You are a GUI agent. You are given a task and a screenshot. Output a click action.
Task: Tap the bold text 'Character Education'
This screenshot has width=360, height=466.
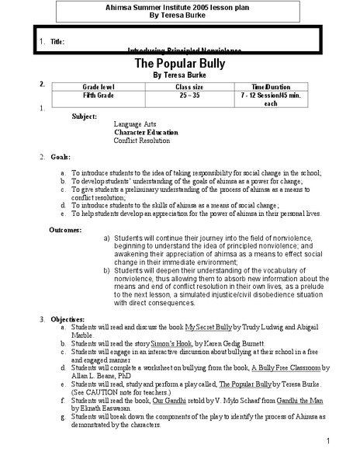pos(147,132)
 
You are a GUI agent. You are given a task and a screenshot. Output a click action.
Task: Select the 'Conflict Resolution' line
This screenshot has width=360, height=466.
pos(142,141)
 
